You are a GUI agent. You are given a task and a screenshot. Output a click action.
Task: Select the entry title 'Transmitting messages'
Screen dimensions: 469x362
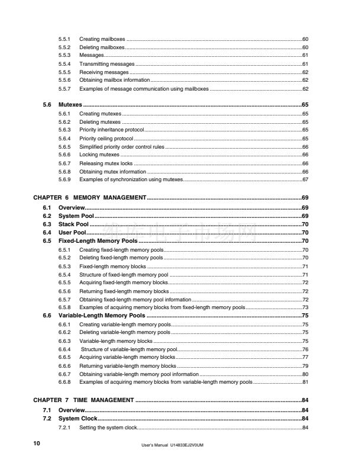[x=106, y=63]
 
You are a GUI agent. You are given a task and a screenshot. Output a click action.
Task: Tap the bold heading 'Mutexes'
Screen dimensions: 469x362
[x=70, y=104]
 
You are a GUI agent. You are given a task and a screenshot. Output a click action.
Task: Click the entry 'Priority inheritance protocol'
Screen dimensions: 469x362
[x=111, y=129]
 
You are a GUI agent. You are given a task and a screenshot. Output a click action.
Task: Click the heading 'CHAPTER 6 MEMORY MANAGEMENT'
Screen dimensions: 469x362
[x=89, y=197]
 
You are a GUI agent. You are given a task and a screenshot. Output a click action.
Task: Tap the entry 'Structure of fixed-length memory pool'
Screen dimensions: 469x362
[x=124, y=275]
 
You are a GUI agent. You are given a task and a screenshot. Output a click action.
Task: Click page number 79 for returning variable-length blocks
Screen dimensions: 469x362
[x=305, y=366]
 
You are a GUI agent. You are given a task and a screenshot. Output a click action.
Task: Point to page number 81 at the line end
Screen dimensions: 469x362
[x=305, y=382]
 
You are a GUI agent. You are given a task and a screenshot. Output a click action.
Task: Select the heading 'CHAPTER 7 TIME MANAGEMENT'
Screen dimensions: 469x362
[x=83, y=400]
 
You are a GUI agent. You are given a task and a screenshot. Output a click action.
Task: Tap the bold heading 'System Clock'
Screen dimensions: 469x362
[x=78, y=419]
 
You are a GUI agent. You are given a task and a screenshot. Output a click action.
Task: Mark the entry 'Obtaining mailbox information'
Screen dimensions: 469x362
[x=114, y=80]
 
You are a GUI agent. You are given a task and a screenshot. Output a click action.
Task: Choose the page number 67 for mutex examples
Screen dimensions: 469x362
[x=305, y=179]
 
